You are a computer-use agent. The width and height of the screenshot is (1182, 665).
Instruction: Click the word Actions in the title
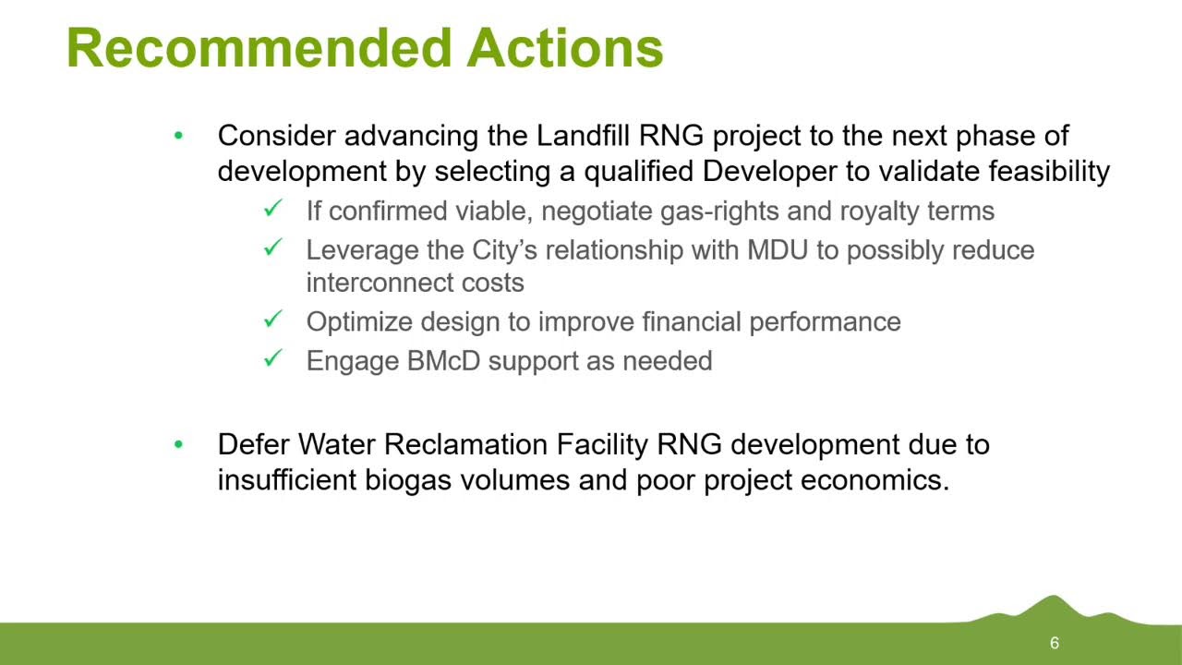[565, 47]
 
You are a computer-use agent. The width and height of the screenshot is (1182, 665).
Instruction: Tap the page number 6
[1054, 644]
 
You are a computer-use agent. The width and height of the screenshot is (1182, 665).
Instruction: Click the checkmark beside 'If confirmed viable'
[272, 210]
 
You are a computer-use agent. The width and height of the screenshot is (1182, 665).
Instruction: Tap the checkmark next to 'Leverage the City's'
[272, 248]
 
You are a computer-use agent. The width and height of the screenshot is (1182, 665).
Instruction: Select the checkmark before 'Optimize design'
[272, 320]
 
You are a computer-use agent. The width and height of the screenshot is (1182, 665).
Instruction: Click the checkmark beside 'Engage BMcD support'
[272, 358]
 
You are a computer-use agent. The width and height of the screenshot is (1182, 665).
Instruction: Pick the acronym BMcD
[443, 360]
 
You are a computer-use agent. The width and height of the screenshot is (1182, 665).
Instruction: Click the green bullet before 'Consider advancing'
[178, 137]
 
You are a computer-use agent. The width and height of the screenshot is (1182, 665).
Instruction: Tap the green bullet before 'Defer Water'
[178, 445]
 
